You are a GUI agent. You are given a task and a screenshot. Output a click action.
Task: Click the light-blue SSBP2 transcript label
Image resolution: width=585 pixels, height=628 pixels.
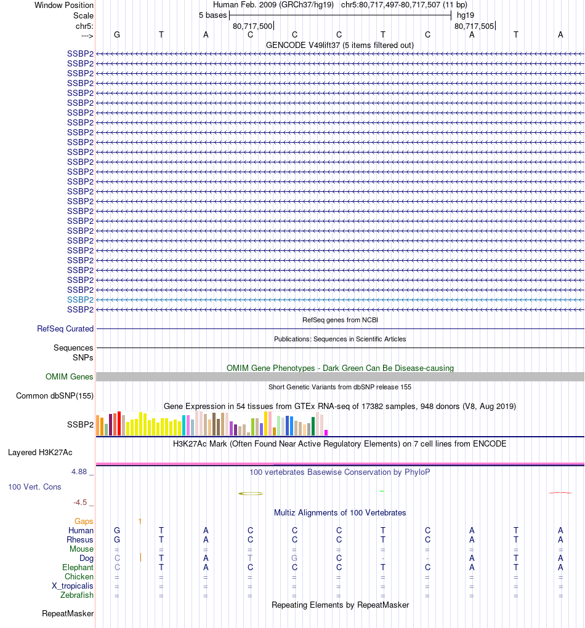click(80, 300)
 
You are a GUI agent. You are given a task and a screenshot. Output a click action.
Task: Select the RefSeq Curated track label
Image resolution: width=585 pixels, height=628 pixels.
click(65, 329)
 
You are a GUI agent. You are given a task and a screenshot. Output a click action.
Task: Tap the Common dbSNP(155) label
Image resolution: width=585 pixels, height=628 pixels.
click(55, 396)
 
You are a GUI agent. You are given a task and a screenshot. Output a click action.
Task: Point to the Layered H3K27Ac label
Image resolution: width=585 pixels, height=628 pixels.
click(40, 453)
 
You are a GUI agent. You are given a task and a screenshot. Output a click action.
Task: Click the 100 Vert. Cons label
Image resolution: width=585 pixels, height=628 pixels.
click(34, 487)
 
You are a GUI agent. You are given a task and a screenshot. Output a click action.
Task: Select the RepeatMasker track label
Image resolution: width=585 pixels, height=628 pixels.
click(68, 614)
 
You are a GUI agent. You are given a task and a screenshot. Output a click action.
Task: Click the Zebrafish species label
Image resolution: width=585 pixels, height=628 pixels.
click(77, 595)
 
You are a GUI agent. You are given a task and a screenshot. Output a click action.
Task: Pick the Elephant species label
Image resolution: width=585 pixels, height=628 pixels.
click(78, 568)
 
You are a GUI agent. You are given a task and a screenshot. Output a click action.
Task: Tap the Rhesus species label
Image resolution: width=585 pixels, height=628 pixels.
click(80, 540)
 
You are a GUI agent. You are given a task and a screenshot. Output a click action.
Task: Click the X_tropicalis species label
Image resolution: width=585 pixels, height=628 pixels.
click(73, 586)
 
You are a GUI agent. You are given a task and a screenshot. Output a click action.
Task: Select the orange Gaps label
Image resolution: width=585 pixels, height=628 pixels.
click(84, 522)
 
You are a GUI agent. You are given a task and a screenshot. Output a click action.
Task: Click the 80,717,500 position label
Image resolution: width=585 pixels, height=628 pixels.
click(252, 26)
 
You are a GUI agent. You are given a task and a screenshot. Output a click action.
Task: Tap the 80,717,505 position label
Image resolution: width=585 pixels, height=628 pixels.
click(474, 26)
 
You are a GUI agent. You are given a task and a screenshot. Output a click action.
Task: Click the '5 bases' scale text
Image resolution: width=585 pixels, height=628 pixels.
click(212, 15)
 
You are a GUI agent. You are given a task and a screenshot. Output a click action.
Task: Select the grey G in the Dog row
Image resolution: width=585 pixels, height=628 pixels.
click(294, 558)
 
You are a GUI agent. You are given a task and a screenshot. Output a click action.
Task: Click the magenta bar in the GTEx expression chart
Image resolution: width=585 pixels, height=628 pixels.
click(326, 432)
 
